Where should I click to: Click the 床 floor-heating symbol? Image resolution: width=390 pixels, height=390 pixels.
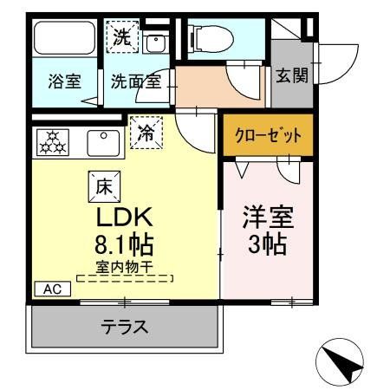click(x=101, y=184)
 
